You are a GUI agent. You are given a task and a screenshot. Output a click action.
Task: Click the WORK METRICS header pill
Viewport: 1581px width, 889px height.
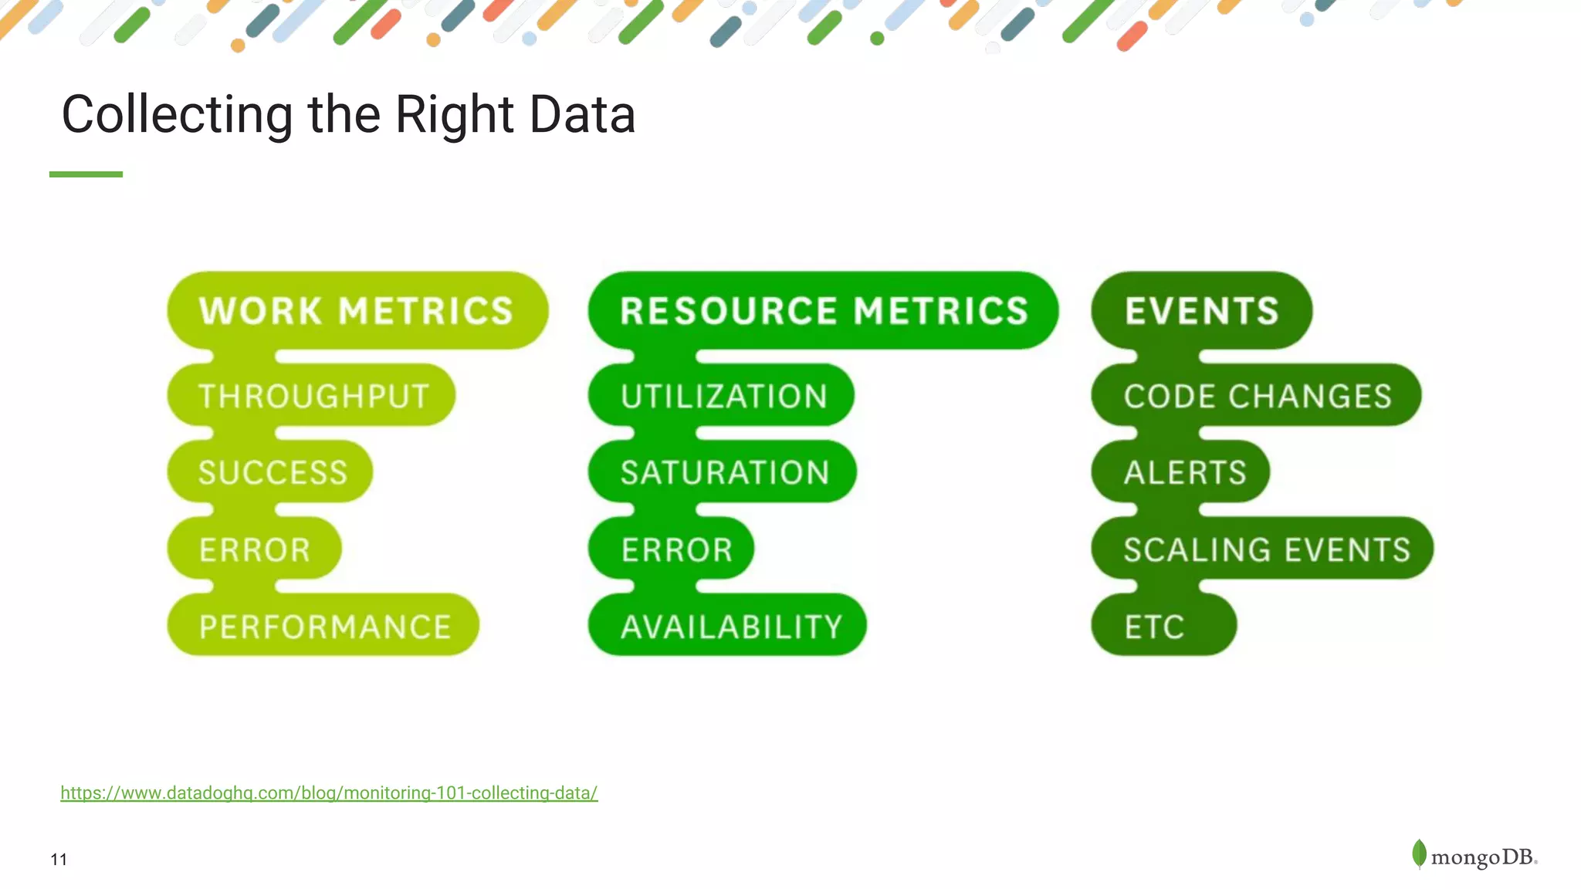(x=357, y=311)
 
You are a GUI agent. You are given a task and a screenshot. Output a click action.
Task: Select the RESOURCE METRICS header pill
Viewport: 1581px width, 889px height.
(x=823, y=311)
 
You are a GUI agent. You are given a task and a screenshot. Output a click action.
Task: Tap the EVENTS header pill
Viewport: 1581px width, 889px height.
(x=1201, y=311)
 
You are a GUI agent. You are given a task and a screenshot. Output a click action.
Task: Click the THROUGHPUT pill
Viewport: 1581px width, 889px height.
(x=312, y=396)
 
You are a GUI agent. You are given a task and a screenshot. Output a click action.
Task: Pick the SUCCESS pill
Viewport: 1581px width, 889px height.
(x=271, y=472)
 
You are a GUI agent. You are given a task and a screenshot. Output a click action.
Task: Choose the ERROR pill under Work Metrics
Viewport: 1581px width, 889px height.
(x=255, y=549)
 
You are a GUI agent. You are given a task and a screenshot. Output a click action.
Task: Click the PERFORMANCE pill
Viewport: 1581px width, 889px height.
(x=324, y=626)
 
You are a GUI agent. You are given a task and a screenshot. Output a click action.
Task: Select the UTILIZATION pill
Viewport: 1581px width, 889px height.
(x=723, y=396)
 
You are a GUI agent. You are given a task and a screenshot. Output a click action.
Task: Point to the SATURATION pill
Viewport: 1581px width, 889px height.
(x=723, y=472)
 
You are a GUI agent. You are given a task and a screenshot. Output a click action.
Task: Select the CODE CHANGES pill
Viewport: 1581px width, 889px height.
(x=1257, y=396)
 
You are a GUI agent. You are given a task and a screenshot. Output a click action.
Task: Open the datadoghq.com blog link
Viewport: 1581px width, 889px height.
(x=329, y=793)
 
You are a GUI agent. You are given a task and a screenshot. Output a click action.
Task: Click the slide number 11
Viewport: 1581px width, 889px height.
(x=59, y=860)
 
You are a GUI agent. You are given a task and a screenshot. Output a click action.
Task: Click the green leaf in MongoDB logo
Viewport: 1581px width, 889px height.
(x=1419, y=854)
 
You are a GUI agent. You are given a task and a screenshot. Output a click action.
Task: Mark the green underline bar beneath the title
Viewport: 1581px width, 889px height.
(x=86, y=174)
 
